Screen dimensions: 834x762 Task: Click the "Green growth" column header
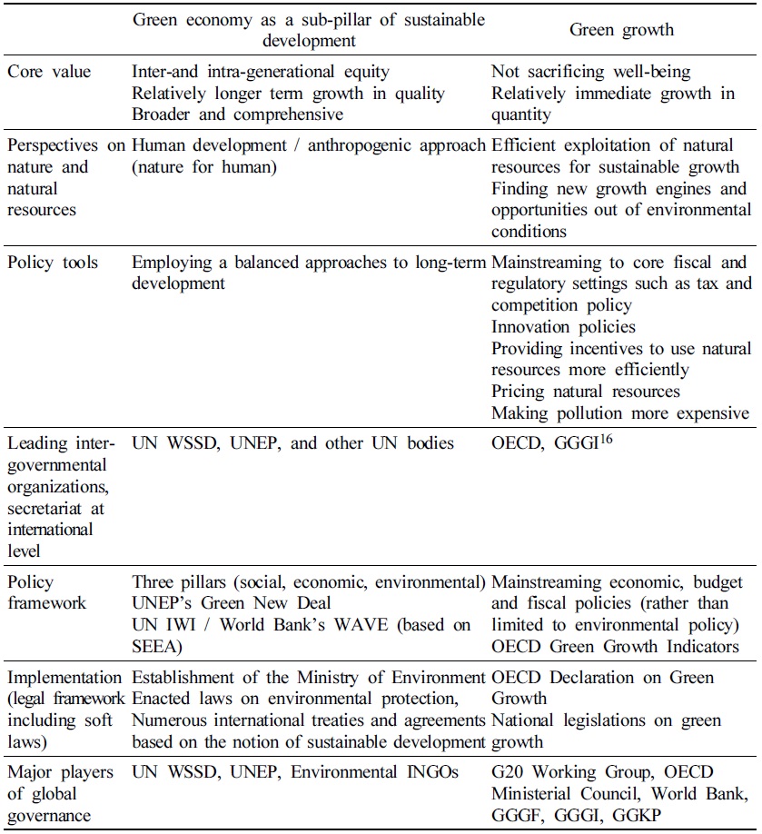(x=621, y=30)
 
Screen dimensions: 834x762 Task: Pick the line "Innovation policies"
(x=563, y=325)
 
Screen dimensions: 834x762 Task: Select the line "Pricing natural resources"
(x=586, y=391)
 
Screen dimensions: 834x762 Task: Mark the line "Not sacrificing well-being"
(x=589, y=72)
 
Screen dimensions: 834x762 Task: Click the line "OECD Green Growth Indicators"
(x=615, y=646)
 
